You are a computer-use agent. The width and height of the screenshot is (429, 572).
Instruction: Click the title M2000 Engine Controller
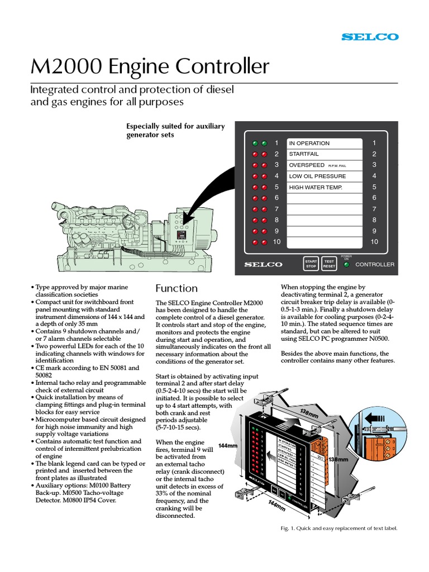[x=150, y=67]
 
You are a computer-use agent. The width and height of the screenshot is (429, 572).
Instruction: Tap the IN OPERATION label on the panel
[x=309, y=143]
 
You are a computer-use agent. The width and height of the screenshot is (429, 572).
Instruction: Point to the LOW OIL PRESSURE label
[x=317, y=176]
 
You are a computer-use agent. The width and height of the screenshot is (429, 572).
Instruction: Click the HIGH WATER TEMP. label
[x=315, y=187]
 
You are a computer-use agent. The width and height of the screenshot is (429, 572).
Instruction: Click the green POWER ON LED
[x=347, y=264]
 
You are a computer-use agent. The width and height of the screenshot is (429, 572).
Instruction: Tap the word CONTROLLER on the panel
[x=375, y=264]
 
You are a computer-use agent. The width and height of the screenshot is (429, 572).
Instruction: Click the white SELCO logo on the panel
[x=264, y=264]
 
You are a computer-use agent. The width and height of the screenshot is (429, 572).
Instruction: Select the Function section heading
[x=176, y=288]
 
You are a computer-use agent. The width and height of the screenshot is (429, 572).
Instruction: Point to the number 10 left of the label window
[x=276, y=242]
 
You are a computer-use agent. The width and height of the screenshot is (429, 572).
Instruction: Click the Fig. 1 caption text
[x=338, y=528]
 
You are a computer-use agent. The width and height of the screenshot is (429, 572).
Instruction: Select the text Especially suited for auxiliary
[x=176, y=126]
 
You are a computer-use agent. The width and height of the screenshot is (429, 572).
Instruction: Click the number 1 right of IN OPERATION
[x=374, y=143]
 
